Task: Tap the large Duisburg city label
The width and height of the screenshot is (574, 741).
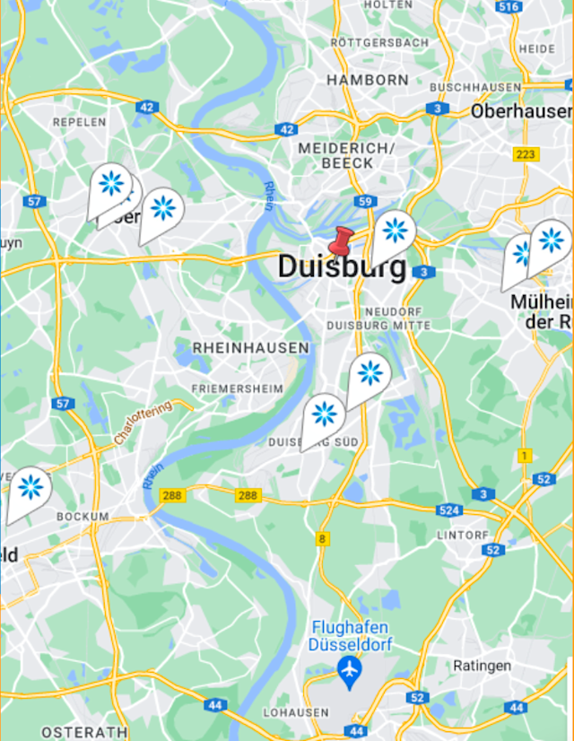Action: point(341,266)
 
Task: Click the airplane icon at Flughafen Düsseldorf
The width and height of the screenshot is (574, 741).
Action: point(348,667)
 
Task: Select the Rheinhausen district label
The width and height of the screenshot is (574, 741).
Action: point(250,347)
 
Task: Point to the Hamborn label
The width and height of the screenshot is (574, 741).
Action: point(367,80)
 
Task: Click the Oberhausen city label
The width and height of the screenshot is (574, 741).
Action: point(521,111)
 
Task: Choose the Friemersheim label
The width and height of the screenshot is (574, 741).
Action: point(237,388)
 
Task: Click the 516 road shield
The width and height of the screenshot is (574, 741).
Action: point(509,7)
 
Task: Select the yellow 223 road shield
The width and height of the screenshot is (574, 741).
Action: point(526,154)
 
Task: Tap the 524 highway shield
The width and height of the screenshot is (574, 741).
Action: point(450,510)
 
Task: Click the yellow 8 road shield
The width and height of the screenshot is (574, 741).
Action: point(321,539)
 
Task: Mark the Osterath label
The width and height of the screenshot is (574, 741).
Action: point(84,732)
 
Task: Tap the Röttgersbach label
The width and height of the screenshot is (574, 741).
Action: point(378,42)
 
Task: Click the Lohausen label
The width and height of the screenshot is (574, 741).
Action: point(297,712)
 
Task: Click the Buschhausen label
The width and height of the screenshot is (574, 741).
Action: point(475,87)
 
